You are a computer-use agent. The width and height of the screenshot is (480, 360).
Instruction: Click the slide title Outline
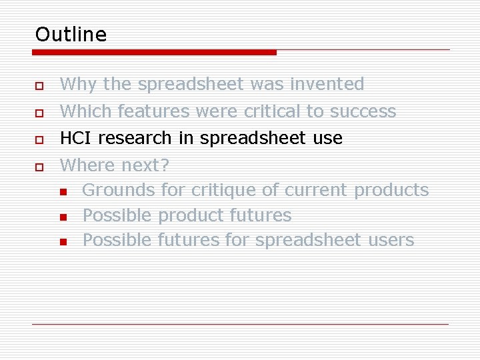point(71,34)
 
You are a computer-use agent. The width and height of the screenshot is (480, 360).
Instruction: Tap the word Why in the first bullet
point(78,85)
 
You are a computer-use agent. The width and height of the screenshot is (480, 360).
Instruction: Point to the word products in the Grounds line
point(391,190)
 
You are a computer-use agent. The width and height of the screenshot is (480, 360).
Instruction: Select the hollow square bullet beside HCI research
point(40,140)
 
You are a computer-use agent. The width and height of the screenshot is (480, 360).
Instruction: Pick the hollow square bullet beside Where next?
point(40,167)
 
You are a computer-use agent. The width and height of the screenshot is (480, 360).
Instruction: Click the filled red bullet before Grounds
point(63,193)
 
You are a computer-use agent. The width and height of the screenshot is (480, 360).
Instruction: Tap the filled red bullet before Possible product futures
point(63,217)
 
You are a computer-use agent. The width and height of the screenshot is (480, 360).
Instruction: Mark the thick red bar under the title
point(155,52)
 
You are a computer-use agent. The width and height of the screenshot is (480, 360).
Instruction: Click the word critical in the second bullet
point(272,111)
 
